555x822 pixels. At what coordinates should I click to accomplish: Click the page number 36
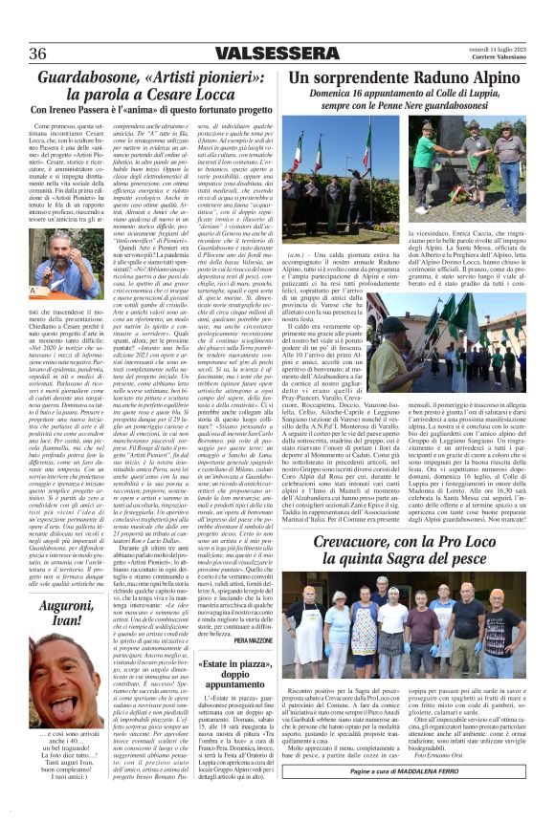(x=38, y=52)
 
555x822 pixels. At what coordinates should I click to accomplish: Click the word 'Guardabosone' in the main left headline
(x=92, y=78)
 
